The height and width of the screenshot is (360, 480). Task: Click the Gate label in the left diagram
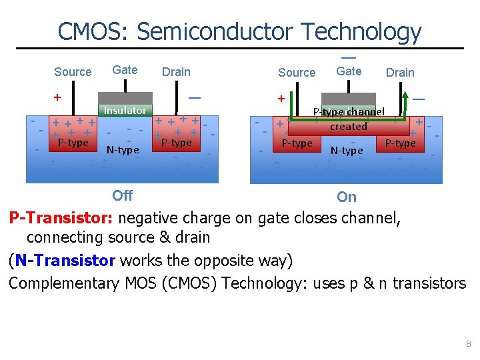125,70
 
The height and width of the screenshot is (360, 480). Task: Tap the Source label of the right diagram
297,73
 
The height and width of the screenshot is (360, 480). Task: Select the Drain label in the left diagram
176,72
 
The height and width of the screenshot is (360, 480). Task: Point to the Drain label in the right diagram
400,73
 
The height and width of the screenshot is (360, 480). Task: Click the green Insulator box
125,110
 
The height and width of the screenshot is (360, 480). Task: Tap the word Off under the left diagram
122,195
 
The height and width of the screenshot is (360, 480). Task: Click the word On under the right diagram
347,197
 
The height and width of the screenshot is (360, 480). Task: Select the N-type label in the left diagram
123,150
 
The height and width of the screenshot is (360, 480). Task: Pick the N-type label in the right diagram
347,151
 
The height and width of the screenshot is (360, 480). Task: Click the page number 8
469,344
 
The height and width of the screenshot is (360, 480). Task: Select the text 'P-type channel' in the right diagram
349,112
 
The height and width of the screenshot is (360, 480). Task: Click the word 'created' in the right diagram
349,127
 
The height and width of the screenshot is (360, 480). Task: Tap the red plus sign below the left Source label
57,97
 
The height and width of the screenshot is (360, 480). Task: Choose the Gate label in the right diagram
349,71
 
